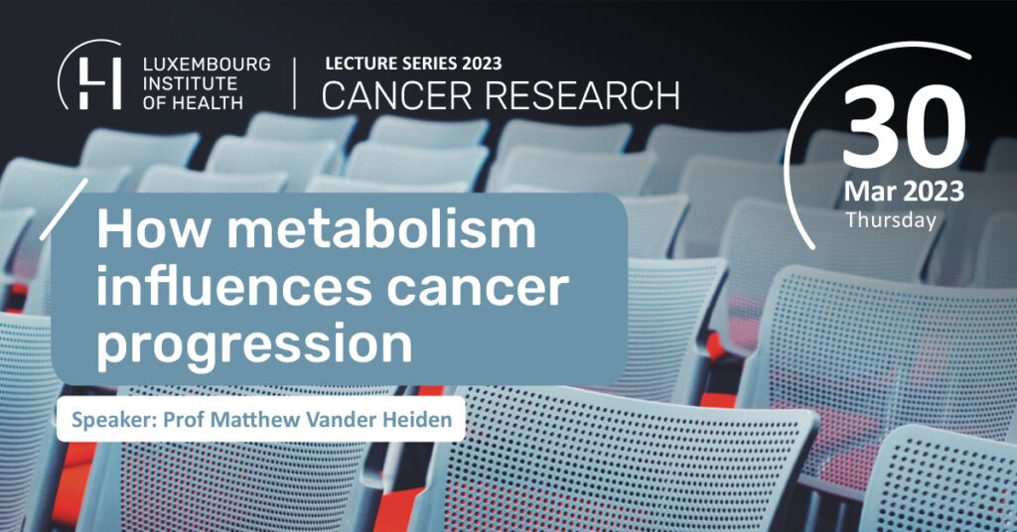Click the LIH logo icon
(89, 75)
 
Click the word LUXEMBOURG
(207, 65)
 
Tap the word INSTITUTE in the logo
(190, 83)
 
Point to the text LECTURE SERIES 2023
(413, 64)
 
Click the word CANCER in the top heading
(398, 95)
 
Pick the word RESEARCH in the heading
(582, 95)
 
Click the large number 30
(904, 127)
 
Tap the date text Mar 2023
(904, 192)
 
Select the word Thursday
(891, 220)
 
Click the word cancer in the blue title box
(478, 289)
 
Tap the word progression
(254, 346)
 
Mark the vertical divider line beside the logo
(294, 83)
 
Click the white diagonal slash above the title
(64, 209)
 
